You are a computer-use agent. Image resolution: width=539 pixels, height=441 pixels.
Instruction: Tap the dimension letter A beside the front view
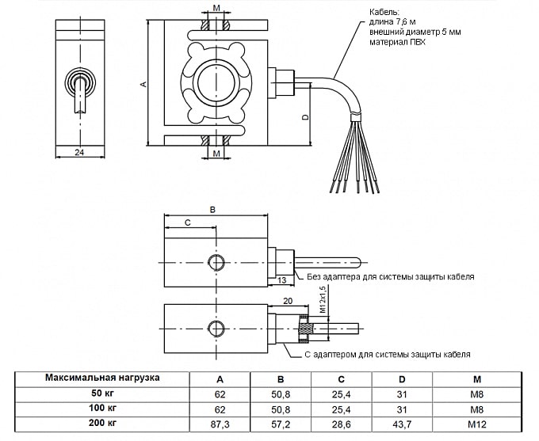tap(143, 82)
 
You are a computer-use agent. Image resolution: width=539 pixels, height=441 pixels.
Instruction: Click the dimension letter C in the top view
tap(187, 223)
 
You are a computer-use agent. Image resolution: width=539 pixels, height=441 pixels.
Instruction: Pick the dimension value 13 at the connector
tap(282, 280)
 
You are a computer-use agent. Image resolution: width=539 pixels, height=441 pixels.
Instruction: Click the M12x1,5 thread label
tap(322, 302)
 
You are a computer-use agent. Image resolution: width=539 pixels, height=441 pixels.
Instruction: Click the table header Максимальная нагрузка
tap(102, 377)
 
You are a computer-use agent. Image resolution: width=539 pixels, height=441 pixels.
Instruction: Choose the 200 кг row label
tap(103, 424)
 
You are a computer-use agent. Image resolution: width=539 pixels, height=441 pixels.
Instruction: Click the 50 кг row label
tap(103, 393)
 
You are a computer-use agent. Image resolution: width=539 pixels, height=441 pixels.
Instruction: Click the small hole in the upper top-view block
tap(213, 262)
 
